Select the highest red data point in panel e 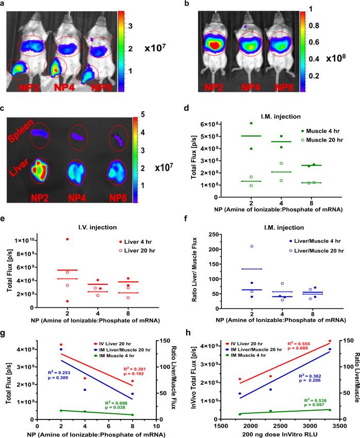click(x=68, y=239)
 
